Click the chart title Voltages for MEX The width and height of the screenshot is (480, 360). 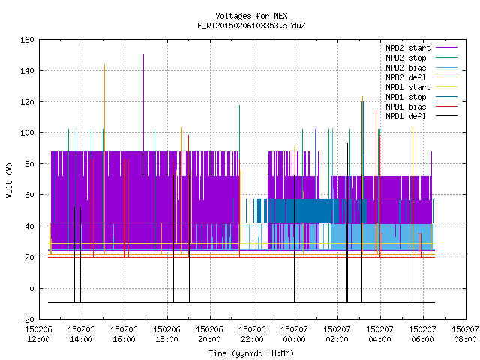251,16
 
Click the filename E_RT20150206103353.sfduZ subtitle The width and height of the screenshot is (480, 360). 251,25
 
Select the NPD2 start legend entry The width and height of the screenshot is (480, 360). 421,48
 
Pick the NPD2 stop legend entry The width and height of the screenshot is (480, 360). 421,58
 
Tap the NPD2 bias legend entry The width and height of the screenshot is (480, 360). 421,67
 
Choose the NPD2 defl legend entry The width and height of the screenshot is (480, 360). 421,77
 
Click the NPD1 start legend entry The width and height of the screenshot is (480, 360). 421,87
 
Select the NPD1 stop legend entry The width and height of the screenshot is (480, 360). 421,97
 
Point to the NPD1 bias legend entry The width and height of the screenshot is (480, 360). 421,106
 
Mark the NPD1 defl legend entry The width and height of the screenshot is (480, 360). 421,117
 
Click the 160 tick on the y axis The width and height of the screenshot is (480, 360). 27,40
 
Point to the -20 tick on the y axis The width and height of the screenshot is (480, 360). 27,319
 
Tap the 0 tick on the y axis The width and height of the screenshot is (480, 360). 31,288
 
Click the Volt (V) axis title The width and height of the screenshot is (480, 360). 10,180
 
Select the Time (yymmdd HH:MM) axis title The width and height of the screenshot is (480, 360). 251,353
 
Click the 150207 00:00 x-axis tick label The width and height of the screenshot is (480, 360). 295,334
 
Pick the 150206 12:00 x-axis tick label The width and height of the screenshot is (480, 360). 38,334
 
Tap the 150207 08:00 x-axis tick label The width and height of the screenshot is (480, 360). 465,334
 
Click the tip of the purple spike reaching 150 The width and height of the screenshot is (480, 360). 143,55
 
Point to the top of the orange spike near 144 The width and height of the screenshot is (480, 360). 105,64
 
